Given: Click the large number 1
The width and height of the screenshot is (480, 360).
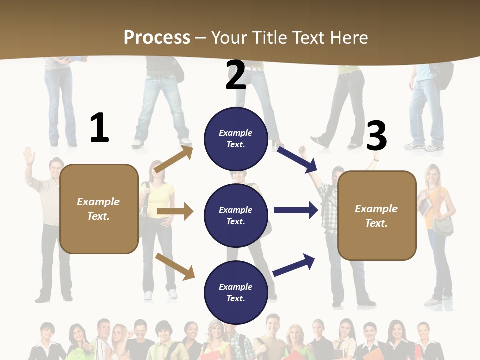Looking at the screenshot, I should [x=99, y=128].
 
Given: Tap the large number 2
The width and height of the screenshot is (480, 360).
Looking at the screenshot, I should [x=236, y=75].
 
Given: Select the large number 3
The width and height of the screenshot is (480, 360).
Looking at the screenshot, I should [x=376, y=136].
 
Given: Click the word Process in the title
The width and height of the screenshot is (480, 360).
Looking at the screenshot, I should [x=157, y=37].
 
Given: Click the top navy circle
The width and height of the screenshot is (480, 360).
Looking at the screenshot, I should [x=236, y=139].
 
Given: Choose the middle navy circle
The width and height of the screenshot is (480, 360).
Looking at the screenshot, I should [x=236, y=215].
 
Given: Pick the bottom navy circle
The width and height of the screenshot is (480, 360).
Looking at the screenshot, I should [x=236, y=292].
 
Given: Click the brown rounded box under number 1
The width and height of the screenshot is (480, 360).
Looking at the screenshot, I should [x=99, y=209].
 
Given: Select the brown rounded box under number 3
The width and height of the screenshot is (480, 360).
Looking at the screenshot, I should [x=377, y=215].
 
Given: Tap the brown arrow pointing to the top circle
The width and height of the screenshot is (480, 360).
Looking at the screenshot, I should [x=173, y=159].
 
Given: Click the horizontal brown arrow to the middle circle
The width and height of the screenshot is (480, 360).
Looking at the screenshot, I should [x=175, y=212].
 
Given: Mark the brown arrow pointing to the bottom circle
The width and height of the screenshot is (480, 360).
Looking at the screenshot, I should [x=175, y=266].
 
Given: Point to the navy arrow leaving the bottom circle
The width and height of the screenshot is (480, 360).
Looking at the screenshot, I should [x=294, y=265].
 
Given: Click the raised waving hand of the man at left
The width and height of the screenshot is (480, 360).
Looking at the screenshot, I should [x=29, y=156].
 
